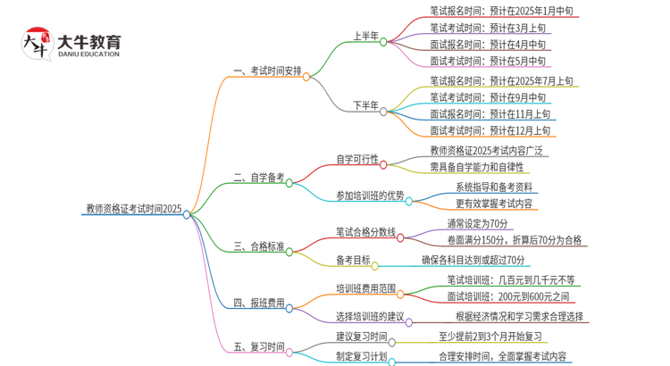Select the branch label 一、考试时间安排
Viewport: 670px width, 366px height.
267,71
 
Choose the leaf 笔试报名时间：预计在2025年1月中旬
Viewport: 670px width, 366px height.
501,12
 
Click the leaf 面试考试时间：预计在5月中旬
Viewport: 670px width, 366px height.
488,61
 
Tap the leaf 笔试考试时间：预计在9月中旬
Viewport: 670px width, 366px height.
488,97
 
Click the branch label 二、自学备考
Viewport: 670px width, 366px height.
259,178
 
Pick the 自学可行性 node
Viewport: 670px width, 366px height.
356,160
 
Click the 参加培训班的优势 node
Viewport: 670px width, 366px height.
370,195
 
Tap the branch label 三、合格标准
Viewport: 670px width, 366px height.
259,246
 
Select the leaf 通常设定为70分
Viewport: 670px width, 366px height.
478,223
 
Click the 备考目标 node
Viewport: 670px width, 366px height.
353,261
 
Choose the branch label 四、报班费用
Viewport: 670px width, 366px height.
259,304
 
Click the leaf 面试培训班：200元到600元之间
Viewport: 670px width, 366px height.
507,296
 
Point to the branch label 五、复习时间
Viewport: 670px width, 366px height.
259,347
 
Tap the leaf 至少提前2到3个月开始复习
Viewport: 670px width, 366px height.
490,337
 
